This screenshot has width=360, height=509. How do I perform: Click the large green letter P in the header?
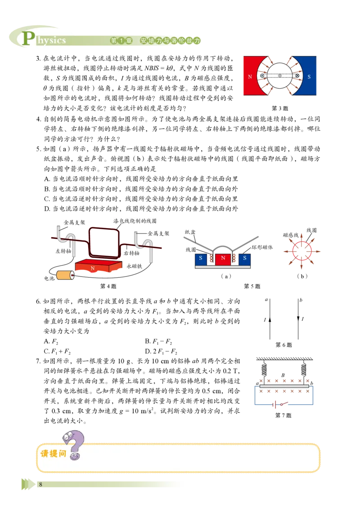click(x=28, y=39)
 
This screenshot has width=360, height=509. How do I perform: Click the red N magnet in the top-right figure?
click(x=250, y=76)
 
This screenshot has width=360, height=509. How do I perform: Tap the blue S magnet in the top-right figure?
click(x=310, y=76)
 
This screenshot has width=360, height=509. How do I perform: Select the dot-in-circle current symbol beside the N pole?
click(x=261, y=76)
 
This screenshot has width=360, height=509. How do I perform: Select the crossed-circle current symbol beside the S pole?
click(x=297, y=76)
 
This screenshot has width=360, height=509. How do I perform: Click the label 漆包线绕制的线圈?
click(x=135, y=221)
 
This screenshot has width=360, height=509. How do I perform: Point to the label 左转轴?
click(x=63, y=251)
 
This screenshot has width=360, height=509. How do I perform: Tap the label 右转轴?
click(x=131, y=253)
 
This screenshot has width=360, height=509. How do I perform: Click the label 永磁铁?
click(x=134, y=266)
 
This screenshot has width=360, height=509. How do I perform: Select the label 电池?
click(x=49, y=279)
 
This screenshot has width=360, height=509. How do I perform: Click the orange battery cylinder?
click(x=64, y=275)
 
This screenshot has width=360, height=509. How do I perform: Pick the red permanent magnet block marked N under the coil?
click(x=97, y=267)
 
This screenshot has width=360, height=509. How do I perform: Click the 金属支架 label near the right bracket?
click(x=158, y=233)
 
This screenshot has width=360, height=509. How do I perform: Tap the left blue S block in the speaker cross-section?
click(x=201, y=258)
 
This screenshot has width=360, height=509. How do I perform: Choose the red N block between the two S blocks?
click(x=223, y=258)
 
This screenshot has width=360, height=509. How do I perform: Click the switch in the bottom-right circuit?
click(x=281, y=405)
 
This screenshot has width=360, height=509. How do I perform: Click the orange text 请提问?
click(x=53, y=454)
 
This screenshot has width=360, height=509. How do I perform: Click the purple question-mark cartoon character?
click(x=74, y=444)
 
